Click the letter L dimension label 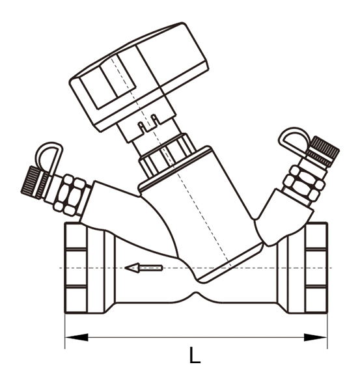point(193,356)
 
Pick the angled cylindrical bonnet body point(199,208)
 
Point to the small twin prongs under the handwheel point(148,121)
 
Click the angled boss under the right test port point(276,218)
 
